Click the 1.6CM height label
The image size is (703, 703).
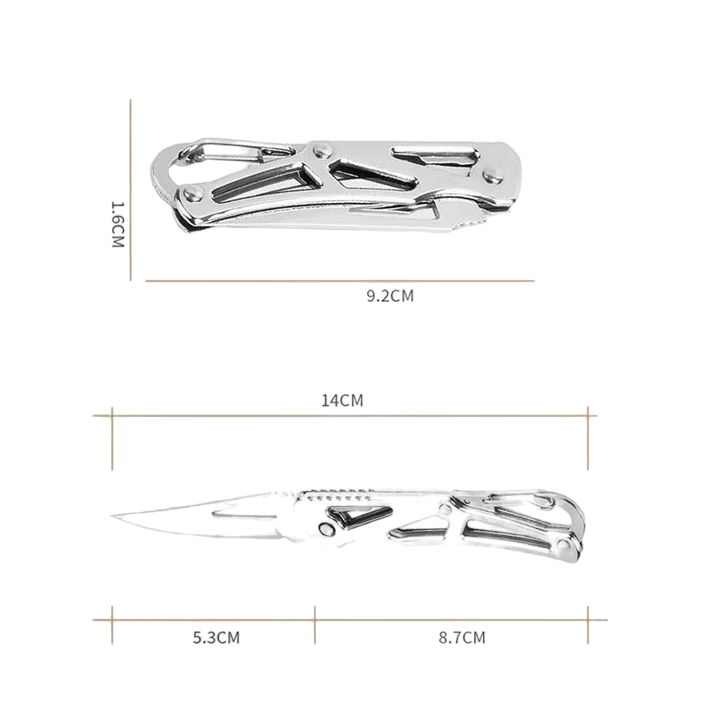(x=120, y=225)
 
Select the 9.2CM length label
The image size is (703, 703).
(x=389, y=296)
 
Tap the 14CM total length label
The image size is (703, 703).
(x=342, y=401)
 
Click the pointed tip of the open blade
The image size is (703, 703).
(x=115, y=516)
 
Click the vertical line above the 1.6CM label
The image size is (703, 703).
(x=131, y=149)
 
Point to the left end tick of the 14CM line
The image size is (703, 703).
(x=112, y=416)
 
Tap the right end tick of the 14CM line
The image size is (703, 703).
(x=588, y=416)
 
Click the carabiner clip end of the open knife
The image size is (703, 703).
(x=562, y=527)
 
